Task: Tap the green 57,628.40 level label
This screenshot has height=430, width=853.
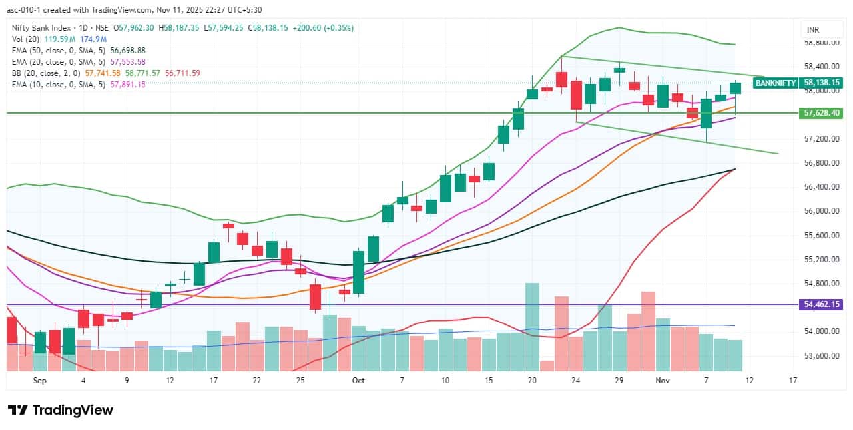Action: pos(822,113)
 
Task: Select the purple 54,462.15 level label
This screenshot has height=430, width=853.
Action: pos(822,304)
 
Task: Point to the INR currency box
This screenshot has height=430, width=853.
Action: pos(813,30)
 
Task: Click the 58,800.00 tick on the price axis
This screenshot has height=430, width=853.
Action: pos(820,43)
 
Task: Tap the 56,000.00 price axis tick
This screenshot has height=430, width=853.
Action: pos(820,211)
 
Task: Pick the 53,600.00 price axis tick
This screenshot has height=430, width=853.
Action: pos(820,355)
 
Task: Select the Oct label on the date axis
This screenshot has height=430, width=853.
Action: pos(358,381)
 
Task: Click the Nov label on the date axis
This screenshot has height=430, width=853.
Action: pos(662,381)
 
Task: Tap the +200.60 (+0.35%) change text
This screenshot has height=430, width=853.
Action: pos(322,28)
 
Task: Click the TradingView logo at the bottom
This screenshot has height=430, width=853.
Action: pos(61,410)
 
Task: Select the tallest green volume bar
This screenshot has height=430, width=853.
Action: pos(532,326)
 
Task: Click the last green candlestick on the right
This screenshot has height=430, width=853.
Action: pos(735,87)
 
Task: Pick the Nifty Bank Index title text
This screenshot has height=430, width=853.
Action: pos(41,28)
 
